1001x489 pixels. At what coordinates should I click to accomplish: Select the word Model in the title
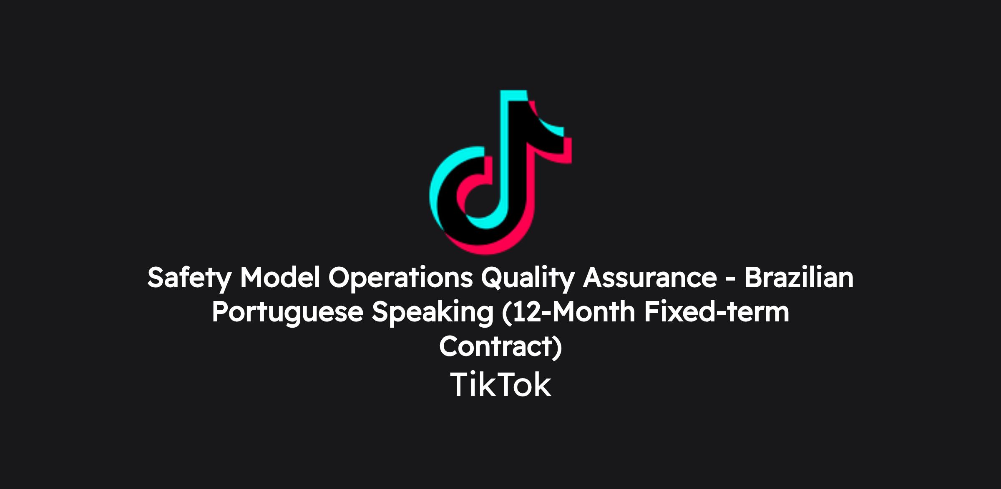point(280,277)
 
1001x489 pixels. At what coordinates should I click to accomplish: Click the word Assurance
point(650,278)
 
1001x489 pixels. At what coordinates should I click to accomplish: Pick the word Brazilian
point(799,277)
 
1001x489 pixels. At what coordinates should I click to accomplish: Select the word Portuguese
point(287,313)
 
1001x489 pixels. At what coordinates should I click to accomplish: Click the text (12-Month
point(568,313)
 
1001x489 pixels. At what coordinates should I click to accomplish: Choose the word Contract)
point(500,347)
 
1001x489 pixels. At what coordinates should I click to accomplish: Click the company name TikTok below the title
point(500,385)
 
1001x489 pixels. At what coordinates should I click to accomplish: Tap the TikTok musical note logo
point(500,172)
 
